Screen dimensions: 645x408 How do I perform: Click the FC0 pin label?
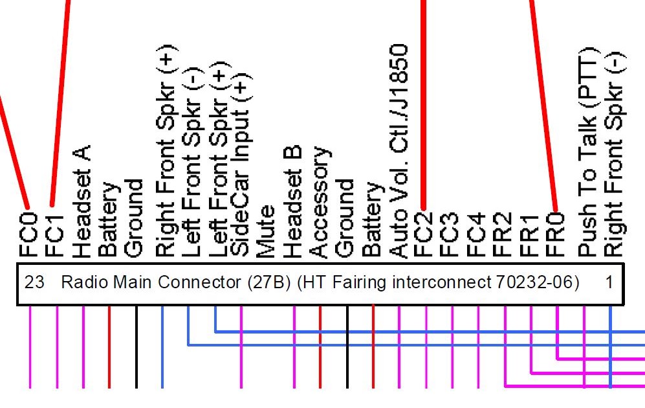click(x=29, y=234)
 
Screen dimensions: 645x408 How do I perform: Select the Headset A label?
click(x=82, y=201)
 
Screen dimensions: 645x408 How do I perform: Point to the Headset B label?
click(x=292, y=201)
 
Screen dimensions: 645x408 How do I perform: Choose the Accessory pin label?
click(x=320, y=202)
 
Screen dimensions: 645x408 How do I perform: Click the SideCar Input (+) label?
click(x=241, y=164)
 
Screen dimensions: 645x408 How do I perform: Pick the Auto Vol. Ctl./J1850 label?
click(x=399, y=151)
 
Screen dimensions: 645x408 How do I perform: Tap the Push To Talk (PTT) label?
click(x=589, y=152)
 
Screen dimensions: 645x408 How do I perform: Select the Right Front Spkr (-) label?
click(x=615, y=154)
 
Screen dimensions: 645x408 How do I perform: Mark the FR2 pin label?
click(x=502, y=234)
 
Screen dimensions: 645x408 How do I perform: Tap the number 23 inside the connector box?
click(x=34, y=282)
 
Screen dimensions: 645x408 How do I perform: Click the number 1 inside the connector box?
click(x=609, y=282)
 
